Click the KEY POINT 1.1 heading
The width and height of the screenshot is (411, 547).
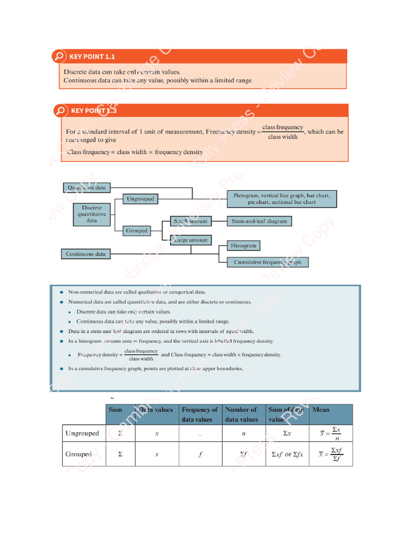[92, 57]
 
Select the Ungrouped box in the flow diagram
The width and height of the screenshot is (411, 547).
[140, 199]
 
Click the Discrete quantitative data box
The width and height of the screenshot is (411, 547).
[92, 214]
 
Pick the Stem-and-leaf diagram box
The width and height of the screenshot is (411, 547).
[259, 221]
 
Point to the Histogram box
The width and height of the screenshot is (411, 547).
[243, 246]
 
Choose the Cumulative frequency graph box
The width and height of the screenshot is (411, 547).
[268, 262]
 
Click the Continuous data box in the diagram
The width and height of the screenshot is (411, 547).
[86, 254]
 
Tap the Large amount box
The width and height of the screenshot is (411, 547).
[191, 240]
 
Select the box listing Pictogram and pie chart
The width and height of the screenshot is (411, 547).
[281, 199]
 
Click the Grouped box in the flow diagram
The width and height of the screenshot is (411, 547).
[136, 231]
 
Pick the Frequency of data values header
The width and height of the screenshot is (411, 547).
[200, 415]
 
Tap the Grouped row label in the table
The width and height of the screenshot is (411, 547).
[78, 454]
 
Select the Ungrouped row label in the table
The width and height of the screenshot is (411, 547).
[82, 433]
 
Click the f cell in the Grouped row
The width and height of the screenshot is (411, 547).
[200, 455]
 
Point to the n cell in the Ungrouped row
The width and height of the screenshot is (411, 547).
[243, 434]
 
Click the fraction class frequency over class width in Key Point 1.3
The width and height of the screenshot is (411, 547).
[283, 132]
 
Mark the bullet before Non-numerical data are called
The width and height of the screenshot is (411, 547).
[62, 292]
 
